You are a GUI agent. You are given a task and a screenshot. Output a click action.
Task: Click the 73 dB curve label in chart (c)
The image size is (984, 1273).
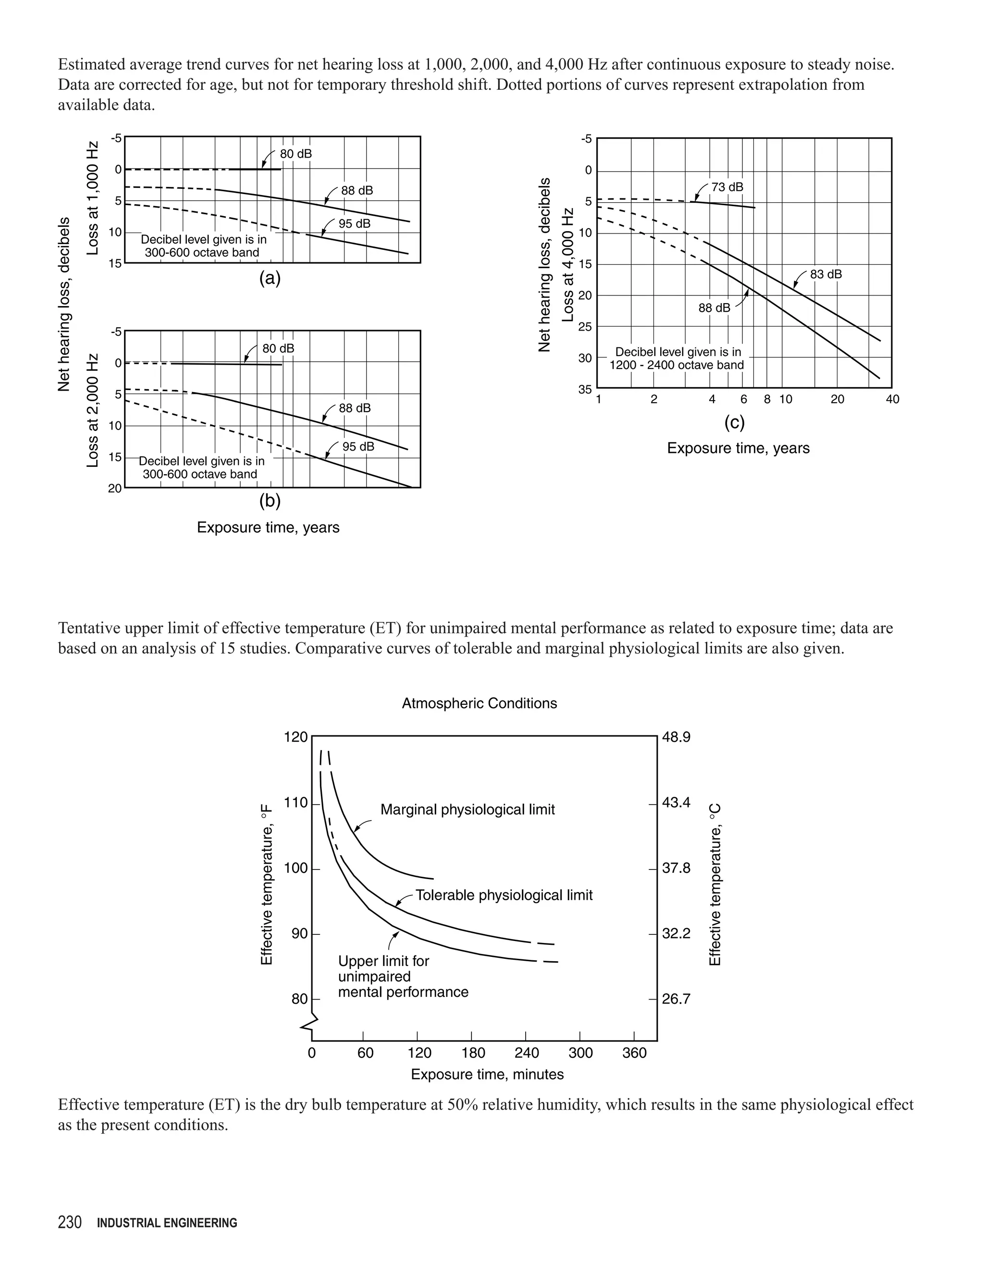point(727,187)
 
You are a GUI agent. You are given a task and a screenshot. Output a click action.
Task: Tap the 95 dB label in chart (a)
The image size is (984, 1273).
point(355,224)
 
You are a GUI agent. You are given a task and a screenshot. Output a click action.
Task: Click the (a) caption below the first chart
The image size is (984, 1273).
point(270,279)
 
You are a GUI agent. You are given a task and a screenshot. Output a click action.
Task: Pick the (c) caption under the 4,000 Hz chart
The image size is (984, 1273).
point(735,423)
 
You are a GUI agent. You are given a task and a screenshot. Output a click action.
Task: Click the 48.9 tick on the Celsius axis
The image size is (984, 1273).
point(676,737)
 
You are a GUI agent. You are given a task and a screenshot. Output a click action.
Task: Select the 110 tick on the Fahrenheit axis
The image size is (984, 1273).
point(295,803)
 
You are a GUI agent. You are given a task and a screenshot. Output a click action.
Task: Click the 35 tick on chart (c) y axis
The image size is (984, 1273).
point(585,390)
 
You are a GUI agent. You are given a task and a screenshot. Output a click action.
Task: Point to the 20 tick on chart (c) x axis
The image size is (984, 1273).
point(837,400)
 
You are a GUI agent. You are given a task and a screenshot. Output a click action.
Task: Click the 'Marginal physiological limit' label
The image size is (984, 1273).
point(467,809)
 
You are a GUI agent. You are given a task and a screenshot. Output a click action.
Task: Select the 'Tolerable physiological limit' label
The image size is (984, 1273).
point(504,895)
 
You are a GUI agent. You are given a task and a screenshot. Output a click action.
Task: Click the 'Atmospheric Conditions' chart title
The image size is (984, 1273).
point(479,704)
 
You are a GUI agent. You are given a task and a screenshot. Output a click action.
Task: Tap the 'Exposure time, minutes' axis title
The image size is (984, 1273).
point(487,1074)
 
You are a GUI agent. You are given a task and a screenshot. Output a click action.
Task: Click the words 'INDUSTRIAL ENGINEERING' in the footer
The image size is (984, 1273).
point(167,1224)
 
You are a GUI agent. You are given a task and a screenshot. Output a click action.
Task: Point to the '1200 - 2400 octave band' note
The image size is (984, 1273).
point(677,366)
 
